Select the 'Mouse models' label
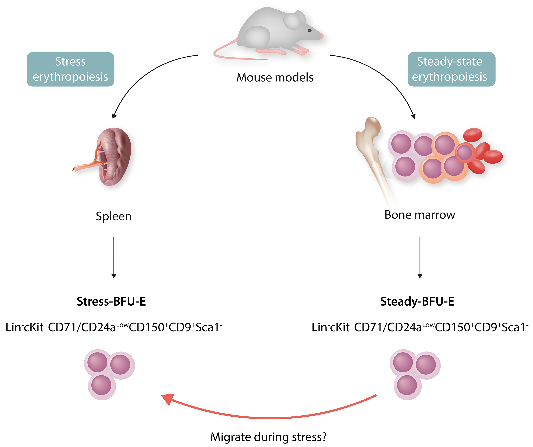[x=275, y=77]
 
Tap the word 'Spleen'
[x=113, y=216]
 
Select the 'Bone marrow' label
[x=420, y=215]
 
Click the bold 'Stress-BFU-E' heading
[x=111, y=301]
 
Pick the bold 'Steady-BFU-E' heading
[x=417, y=301]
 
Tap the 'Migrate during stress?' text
[x=268, y=437]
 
